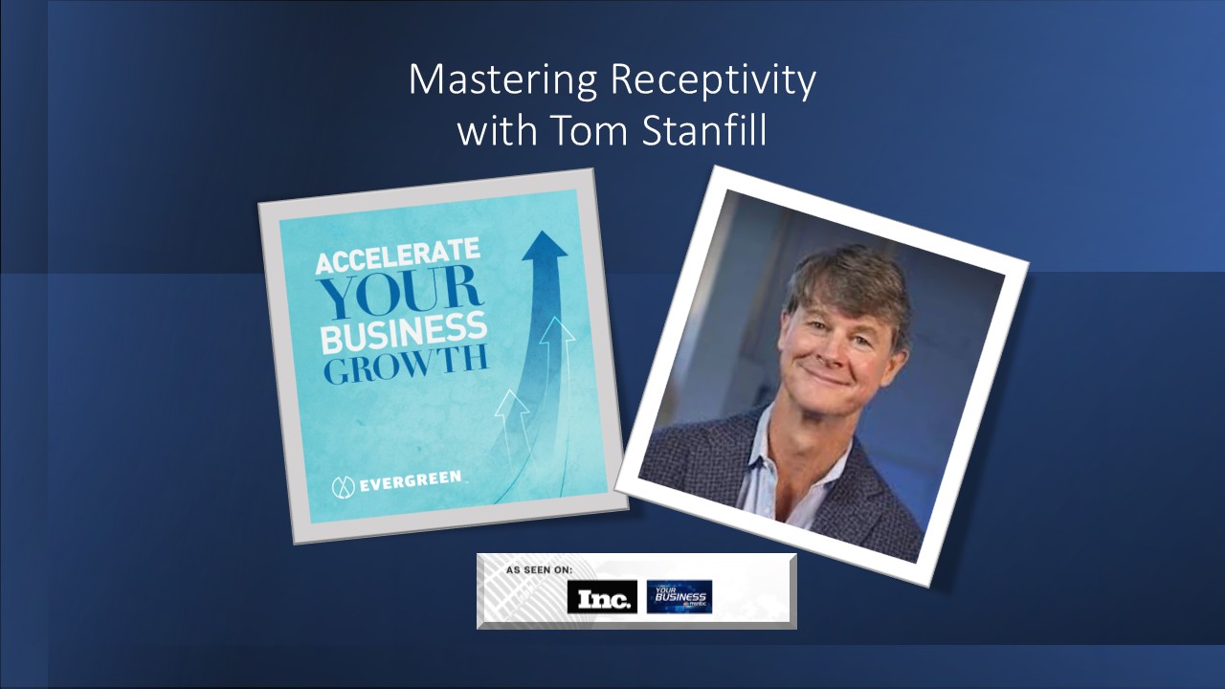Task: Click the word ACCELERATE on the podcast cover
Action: point(397,257)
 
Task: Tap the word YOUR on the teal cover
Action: point(402,291)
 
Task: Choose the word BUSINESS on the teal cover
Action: point(403,331)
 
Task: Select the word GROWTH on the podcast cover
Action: point(406,366)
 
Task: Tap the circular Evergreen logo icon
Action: point(344,486)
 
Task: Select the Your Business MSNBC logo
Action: point(679,596)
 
